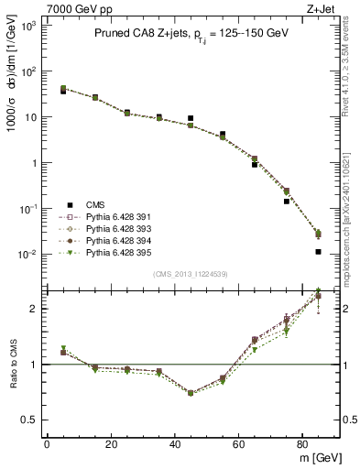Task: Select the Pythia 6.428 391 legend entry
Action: tap(103, 218)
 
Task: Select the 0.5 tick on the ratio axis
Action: tap(29, 420)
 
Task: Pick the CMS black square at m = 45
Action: tap(191, 118)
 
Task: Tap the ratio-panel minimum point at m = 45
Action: tap(191, 393)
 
